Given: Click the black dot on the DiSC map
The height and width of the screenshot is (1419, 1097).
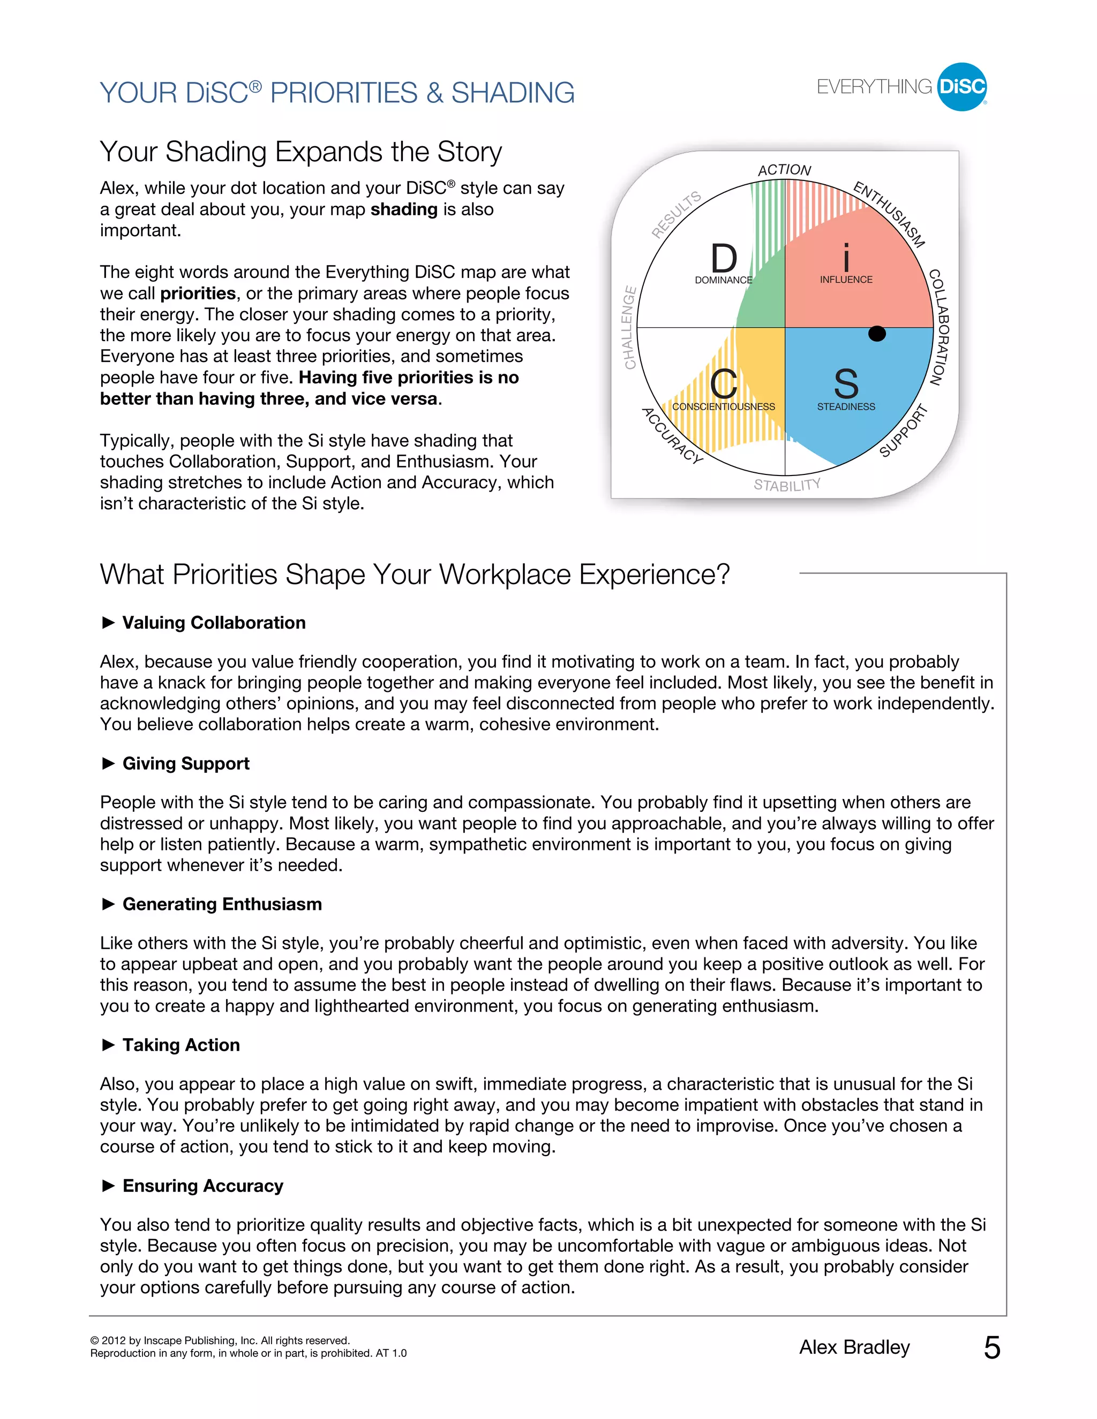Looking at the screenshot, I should (x=877, y=333).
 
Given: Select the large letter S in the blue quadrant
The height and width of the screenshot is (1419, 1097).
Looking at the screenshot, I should (x=845, y=384).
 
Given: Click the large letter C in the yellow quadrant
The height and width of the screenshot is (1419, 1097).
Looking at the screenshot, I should (x=723, y=384).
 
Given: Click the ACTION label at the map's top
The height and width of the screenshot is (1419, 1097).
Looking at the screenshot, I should (x=784, y=170).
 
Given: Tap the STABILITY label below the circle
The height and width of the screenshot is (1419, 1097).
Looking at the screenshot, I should (x=787, y=485).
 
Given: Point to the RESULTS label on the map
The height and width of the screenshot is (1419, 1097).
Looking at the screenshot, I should (x=677, y=214).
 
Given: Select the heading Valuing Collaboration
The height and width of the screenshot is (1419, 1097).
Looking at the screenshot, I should (x=214, y=622).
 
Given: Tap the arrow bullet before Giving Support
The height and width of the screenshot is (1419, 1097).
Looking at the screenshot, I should (x=109, y=764).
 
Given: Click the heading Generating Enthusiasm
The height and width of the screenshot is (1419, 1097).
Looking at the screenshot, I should (x=222, y=904).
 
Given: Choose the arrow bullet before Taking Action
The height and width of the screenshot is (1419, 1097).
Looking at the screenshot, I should (x=109, y=1045).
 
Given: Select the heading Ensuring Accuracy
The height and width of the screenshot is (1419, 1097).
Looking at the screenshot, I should (x=203, y=1186).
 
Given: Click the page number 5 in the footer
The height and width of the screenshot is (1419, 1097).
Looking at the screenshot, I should (x=991, y=1348).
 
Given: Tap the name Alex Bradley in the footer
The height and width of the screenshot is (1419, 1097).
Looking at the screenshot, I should (x=854, y=1348).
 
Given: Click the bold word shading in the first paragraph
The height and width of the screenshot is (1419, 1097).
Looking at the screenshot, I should (x=403, y=209).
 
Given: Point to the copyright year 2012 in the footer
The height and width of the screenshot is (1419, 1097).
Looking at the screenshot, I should (x=114, y=1340).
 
